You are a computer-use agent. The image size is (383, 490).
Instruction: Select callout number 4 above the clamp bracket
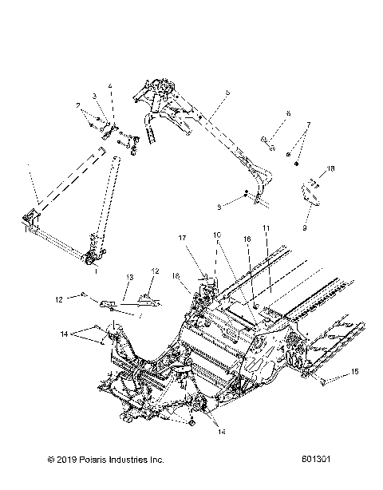coord(111,85)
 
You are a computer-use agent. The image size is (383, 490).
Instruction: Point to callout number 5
coord(227,93)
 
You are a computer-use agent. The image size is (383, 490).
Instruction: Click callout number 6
coord(288,113)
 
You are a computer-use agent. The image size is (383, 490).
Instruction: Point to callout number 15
coord(356,372)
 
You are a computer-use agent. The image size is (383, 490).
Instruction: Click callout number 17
coord(182,238)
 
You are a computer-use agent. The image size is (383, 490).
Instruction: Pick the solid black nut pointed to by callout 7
coord(297,164)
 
